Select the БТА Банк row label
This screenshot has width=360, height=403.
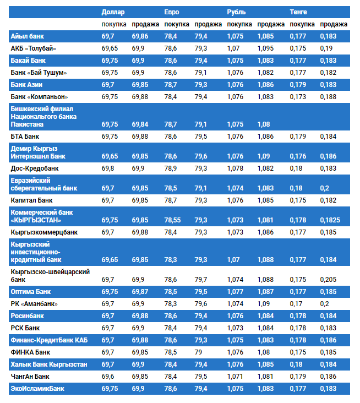coord(25,137)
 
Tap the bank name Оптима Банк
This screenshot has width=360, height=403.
coord(31,292)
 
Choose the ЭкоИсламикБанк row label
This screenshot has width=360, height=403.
coord(37,389)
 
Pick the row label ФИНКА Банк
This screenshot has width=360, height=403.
coord(30,352)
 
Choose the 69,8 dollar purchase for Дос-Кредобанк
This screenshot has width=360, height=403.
coord(108,167)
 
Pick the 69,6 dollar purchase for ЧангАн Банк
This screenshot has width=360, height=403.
coord(108,377)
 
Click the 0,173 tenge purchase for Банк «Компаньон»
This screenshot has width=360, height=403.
coord(298,97)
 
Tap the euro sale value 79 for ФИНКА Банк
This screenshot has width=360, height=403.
coord(198,352)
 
